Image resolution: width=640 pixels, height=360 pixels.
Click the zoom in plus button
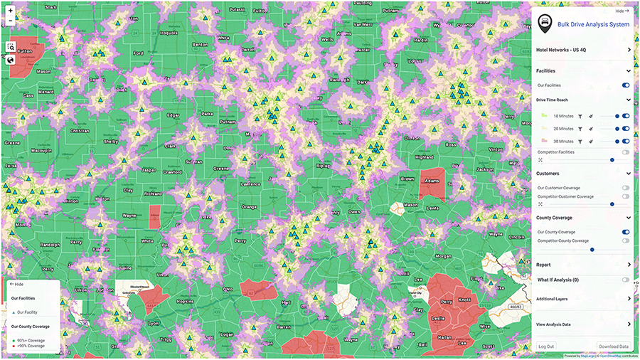point(10,11)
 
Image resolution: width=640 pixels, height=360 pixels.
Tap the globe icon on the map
point(11,60)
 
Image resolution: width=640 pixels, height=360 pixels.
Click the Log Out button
point(546,346)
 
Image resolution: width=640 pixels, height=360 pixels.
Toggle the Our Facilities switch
point(626,85)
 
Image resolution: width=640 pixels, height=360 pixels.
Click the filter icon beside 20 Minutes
point(580,129)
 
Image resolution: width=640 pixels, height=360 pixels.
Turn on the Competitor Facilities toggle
point(626,152)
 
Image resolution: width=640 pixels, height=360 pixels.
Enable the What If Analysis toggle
point(626,280)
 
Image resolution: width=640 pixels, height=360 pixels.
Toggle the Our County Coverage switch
point(626,232)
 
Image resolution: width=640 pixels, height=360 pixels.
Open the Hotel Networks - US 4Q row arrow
point(629,50)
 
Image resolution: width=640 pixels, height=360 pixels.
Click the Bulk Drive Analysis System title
point(593,24)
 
